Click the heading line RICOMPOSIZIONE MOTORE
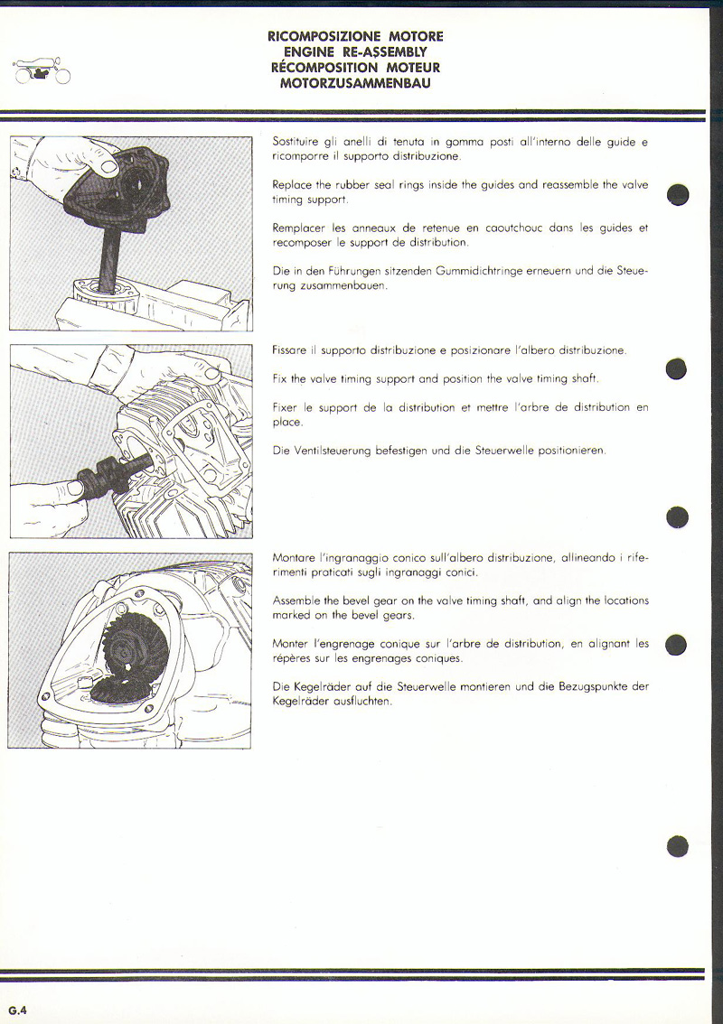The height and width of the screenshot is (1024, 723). (355, 37)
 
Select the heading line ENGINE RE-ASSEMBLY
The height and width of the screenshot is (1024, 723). (355, 52)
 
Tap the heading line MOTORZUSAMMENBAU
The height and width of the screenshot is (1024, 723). (355, 83)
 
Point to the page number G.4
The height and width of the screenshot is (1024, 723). (17, 1010)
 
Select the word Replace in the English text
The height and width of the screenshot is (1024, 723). (292, 184)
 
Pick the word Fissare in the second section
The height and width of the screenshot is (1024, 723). (290, 349)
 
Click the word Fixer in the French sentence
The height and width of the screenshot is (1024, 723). (286, 407)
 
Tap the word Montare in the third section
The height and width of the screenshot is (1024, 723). (294, 557)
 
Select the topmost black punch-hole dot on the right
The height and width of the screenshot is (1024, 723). (678, 195)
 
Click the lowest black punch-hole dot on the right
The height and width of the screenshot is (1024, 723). (678, 845)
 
